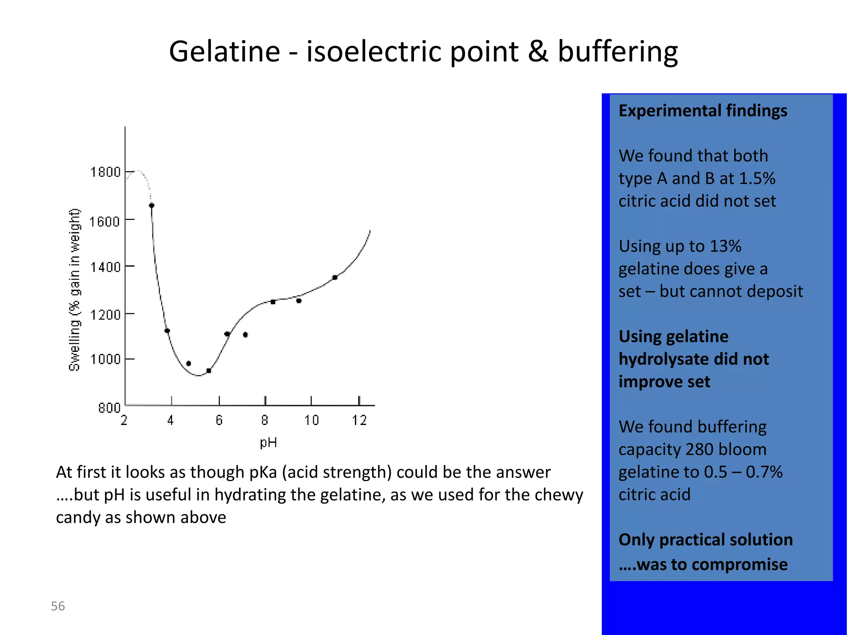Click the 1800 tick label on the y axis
105,172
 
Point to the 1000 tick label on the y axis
105,359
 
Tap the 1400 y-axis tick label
105,267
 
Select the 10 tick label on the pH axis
311,420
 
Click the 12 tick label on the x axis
359,420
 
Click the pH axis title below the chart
268,443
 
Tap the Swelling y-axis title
74,289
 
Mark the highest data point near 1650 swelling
152,205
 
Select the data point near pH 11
335,277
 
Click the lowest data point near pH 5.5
209,371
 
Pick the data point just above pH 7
246,335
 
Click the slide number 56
58,606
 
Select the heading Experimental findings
703,111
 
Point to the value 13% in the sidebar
725,246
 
